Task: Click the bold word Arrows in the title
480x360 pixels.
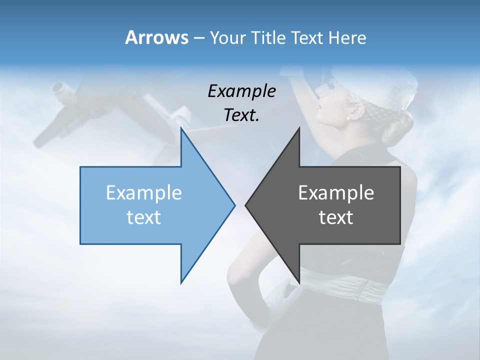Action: tap(156, 37)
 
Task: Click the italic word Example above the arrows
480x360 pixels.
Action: tap(241, 91)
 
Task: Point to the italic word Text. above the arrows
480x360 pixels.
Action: tap(241, 115)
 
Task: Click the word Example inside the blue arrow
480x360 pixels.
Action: tap(143, 193)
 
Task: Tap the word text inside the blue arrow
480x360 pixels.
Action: tap(143, 217)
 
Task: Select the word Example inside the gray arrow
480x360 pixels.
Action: tap(336, 193)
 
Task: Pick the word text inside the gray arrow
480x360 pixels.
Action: tap(336, 217)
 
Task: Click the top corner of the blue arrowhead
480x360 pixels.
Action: tap(181, 129)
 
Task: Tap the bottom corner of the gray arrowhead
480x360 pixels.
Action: tap(299, 282)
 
